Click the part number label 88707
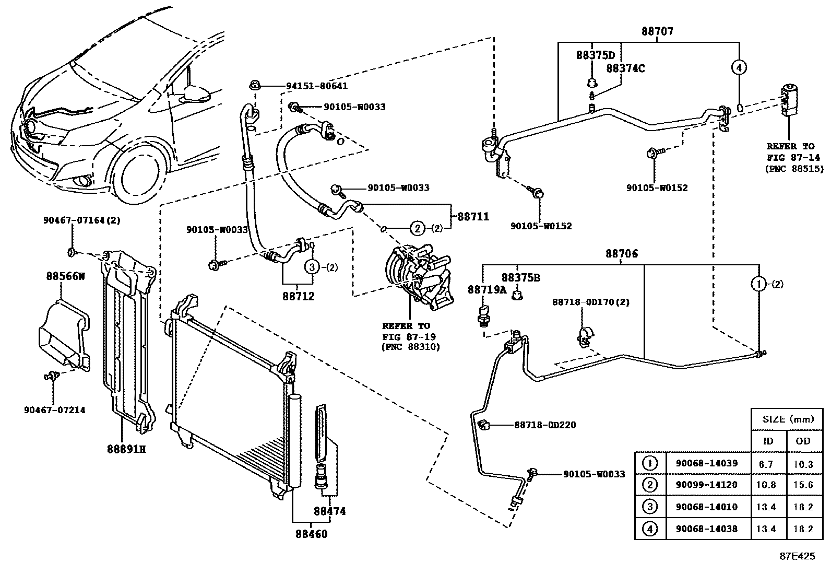[x=657, y=31]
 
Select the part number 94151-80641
[x=317, y=86]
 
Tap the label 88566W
[x=65, y=276]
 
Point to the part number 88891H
[x=126, y=449]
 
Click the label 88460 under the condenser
[x=312, y=534]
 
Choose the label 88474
[x=330, y=511]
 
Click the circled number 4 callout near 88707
[x=739, y=67]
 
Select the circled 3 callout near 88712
[x=312, y=267]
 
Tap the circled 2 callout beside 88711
[x=418, y=228]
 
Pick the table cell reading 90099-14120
[x=707, y=485]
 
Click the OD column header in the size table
[x=803, y=441]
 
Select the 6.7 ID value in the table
[x=766, y=464]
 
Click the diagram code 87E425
[x=797, y=556]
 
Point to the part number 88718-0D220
[x=545, y=425]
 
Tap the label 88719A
[x=486, y=289]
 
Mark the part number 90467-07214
[x=54, y=410]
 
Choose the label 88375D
[x=596, y=55]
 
